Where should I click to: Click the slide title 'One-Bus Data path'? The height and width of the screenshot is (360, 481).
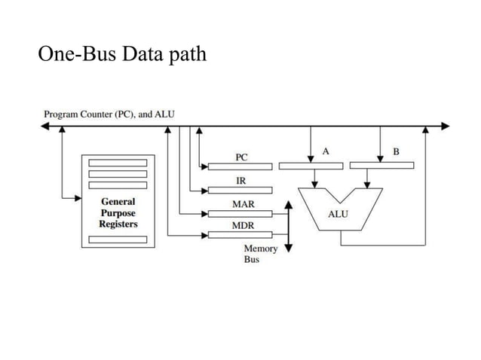click(x=121, y=55)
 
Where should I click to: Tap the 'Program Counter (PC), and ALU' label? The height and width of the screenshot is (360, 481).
click(x=109, y=114)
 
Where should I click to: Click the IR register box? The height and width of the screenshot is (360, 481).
click(x=240, y=190)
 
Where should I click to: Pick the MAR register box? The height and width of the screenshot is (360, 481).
click(x=240, y=213)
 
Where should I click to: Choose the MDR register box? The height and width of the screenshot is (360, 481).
click(x=240, y=235)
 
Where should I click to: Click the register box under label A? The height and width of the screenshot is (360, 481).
click(x=309, y=166)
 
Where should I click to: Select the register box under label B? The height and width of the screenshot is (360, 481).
click(x=381, y=166)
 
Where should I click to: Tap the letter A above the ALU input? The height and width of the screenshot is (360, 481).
click(x=326, y=151)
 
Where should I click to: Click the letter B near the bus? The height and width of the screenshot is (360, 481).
click(x=397, y=151)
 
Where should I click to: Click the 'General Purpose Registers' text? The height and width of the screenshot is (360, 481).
click(x=118, y=212)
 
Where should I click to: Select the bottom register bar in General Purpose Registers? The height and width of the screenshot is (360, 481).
click(x=118, y=239)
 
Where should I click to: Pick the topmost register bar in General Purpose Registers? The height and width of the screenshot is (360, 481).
click(x=118, y=163)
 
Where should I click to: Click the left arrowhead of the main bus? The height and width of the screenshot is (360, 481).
click(x=45, y=126)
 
